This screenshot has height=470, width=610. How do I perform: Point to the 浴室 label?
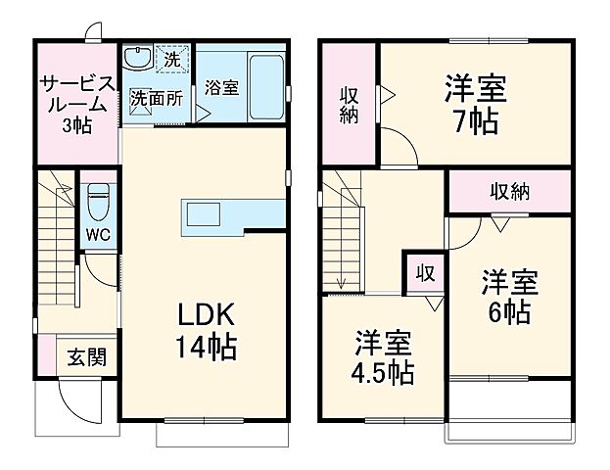click(221, 88)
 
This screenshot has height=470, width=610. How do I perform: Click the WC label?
click(96, 235)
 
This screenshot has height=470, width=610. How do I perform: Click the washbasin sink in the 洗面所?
click(138, 60)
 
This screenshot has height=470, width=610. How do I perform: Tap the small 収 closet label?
click(426, 271)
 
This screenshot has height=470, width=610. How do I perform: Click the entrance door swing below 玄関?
click(78, 401)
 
